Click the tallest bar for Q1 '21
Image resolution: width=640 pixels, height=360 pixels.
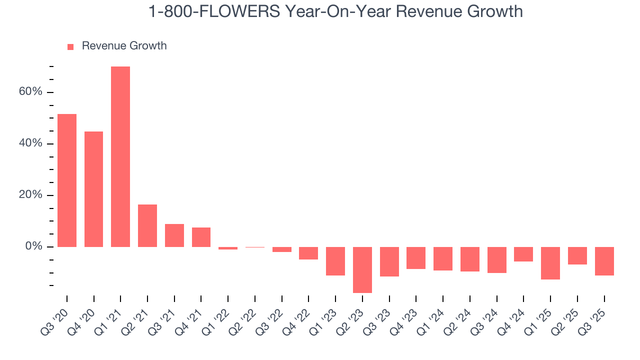[x=120, y=156]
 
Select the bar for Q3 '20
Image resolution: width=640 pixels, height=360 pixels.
[x=67, y=180]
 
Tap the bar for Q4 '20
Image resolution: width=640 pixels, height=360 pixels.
[x=94, y=189]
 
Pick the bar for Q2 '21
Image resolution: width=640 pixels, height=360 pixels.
[x=147, y=225]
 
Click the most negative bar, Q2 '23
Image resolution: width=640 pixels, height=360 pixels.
[x=362, y=269]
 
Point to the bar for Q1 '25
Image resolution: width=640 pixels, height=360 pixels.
[x=550, y=263]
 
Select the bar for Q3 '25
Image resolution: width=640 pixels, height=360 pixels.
[x=604, y=261]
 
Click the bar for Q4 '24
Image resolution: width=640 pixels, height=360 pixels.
[x=523, y=254]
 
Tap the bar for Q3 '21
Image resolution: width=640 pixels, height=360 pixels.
[x=174, y=235]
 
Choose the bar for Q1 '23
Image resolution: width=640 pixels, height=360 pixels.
[x=335, y=261]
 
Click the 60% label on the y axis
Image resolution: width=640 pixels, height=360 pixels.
[x=31, y=92]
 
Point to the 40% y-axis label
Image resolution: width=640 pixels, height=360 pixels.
[x=31, y=143]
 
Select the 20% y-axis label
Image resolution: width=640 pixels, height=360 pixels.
[x=31, y=195]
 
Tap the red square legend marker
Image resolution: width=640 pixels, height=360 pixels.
[x=70, y=46]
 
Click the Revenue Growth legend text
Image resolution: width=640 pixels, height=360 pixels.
[x=124, y=46]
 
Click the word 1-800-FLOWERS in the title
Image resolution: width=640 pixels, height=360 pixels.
[x=214, y=11]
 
